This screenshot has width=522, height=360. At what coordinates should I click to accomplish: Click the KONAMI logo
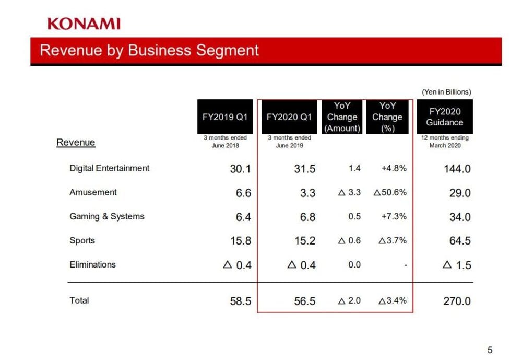(x=84, y=24)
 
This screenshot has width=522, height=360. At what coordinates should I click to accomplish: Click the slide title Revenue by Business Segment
(x=149, y=50)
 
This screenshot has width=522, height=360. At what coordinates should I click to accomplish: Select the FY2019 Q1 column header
(x=225, y=117)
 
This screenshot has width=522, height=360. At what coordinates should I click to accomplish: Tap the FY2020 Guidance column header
(x=444, y=117)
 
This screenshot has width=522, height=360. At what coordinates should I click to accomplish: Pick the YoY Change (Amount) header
(x=342, y=117)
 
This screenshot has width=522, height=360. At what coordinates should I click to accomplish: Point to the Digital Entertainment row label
(x=110, y=168)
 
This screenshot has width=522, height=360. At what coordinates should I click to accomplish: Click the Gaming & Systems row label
(x=107, y=216)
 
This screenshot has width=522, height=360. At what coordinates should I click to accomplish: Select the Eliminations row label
(x=92, y=264)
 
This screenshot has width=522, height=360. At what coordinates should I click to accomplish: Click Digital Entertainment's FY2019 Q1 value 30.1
(x=241, y=169)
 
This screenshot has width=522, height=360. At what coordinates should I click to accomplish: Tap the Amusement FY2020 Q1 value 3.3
(x=308, y=193)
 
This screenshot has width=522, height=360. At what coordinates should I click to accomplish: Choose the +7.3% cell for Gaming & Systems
(x=394, y=216)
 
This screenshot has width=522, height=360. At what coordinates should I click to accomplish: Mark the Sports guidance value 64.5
(x=460, y=241)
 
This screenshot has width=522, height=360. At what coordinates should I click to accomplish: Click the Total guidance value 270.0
(x=457, y=301)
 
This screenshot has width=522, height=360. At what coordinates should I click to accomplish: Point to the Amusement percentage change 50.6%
(x=390, y=192)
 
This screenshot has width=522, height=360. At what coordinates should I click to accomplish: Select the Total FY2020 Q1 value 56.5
(x=304, y=301)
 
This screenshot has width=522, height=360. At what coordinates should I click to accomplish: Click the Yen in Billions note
(x=446, y=91)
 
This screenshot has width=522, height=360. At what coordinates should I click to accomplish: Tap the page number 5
(x=490, y=350)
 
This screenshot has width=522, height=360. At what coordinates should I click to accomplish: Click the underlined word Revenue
(x=76, y=142)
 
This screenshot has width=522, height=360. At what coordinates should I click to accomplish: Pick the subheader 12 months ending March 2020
(x=445, y=142)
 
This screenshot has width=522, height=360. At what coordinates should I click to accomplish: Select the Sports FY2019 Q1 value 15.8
(x=241, y=241)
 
